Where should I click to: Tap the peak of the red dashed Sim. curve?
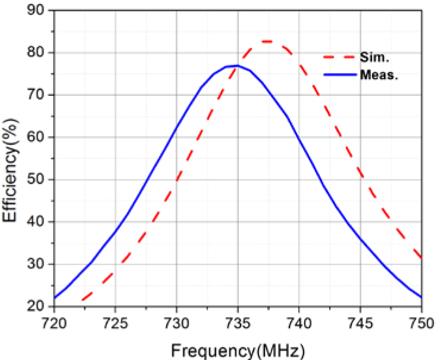point(267,41)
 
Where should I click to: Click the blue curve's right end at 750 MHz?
point(420,297)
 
